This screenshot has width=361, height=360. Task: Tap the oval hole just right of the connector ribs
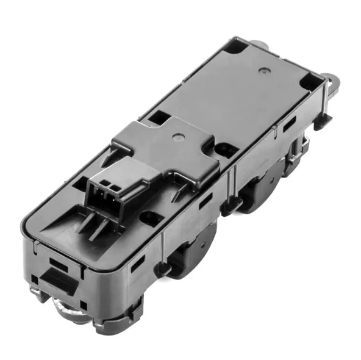tap(150, 217)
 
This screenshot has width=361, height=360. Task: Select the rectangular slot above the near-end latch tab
tap(59, 263)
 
